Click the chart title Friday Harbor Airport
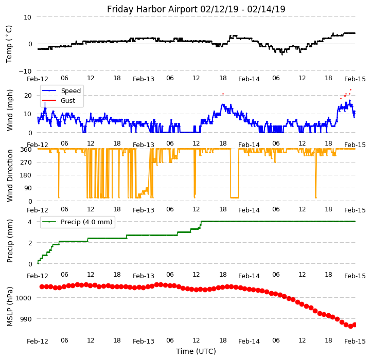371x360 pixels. click(196, 9)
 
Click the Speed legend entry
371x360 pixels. click(70, 91)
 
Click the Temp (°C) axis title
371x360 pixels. click(9, 44)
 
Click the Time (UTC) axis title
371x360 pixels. click(196, 351)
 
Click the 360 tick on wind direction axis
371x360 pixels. click(26, 149)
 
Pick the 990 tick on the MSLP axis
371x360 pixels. click(25, 319)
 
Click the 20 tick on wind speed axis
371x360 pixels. click(28, 95)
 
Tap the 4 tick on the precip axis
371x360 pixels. click(30, 222)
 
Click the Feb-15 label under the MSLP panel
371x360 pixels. click(355, 341)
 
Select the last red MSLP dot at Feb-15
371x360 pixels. click(355, 325)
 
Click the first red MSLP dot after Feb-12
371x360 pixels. click(42, 286)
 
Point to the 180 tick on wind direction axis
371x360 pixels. click(26, 175)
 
